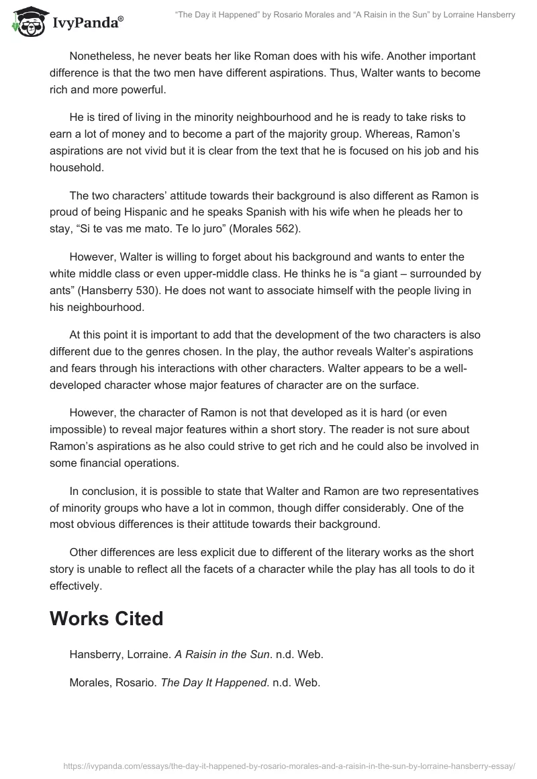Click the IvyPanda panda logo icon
(x=28, y=21)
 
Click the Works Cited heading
(x=106, y=618)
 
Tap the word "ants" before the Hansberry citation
(x=62, y=293)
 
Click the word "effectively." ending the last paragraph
(x=76, y=585)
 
